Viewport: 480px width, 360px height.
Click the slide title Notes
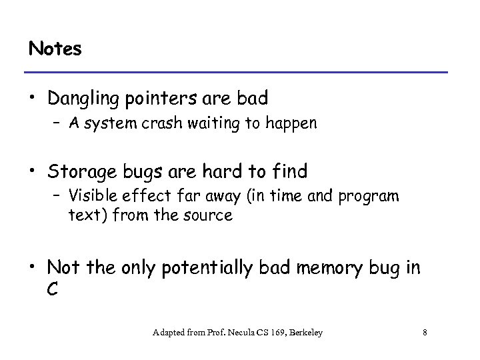coord(55,49)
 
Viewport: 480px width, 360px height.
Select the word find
coord(291,171)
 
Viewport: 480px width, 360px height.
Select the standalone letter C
coord(53,289)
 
